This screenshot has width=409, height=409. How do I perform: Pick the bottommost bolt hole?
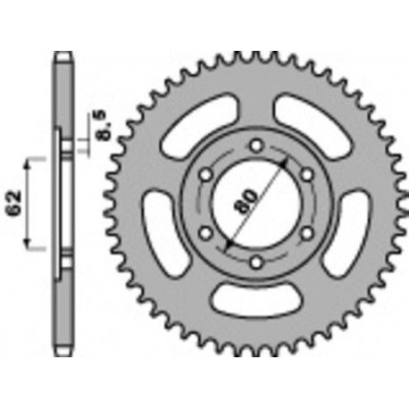pos(256,263)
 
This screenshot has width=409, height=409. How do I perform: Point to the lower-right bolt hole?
pos(308,233)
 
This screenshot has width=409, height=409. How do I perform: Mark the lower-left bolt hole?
pos(205,233)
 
